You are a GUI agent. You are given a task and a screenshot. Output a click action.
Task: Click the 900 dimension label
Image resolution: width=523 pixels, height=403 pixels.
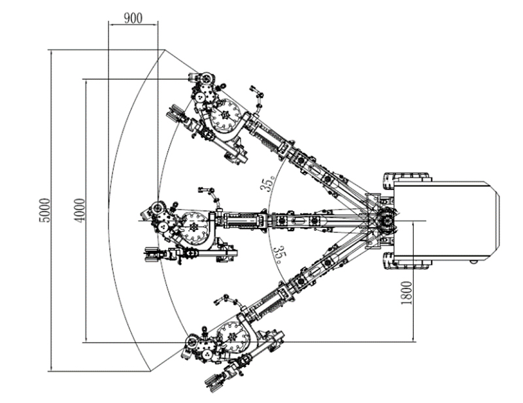coord(133,18)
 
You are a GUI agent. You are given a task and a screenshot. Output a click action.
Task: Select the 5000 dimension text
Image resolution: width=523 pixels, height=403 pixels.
coord(44,210)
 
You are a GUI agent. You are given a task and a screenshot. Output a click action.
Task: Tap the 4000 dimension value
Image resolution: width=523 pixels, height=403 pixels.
coord(79,210)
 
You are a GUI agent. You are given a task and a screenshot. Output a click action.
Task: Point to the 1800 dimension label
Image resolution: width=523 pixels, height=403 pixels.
coord(406,293)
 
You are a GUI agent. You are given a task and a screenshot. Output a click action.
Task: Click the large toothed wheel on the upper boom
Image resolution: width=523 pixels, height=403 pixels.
coord(227,116)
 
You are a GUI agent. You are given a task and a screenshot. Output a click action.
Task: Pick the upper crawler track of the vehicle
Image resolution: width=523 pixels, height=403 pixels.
coord(407,178)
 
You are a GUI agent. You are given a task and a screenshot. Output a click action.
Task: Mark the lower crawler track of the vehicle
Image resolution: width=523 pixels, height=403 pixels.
coord(407,263)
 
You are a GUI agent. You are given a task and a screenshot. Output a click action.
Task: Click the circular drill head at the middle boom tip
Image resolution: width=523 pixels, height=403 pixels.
coord(158,210)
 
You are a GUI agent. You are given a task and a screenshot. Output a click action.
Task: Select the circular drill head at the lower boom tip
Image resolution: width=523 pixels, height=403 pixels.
coord(194,341)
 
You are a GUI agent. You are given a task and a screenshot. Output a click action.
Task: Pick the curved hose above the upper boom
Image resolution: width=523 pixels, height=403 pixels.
coord(257,95)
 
